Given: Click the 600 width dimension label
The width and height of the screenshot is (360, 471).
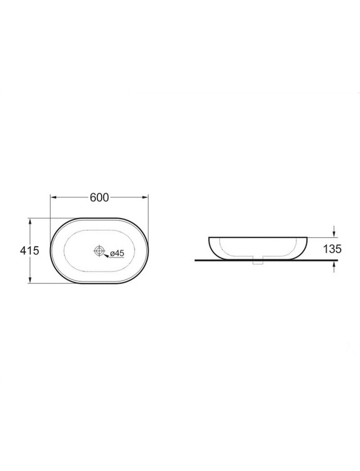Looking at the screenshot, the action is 99,197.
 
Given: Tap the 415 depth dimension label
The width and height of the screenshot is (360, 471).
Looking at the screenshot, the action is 29,250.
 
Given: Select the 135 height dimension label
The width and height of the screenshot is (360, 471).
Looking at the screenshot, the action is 332,248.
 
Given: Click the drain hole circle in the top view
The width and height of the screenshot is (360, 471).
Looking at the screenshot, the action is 99,250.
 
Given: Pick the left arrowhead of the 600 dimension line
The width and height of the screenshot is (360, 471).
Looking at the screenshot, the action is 54,197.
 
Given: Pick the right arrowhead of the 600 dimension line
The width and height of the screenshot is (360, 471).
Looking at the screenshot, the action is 145,197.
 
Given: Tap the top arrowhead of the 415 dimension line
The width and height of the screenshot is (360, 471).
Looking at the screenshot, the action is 29,222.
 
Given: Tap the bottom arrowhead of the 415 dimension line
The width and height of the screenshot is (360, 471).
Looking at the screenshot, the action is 29,280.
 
